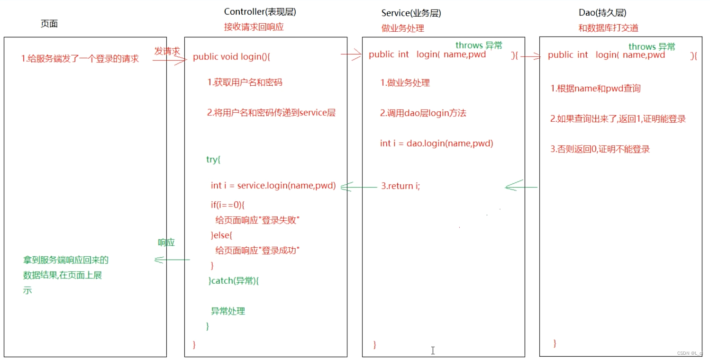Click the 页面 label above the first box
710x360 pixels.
pyautogui.click(x=49, y=24)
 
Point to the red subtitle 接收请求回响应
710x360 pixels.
pyautogui.click(x=254, y=27)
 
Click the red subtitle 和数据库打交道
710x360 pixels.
pyautogui.click(x=608, y=28)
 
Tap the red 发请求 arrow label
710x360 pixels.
pyautogui.click(x=167, y=51)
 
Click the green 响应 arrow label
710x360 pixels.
pyautogui.click(x=166, y=243)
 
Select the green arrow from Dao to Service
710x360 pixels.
pyautogui.click(x=521, y=187)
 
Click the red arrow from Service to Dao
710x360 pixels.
pyautogui.click(x=530, y=56)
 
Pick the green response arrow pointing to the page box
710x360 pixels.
pyautogui.click(x=172, y=260)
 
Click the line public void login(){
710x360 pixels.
pyautogui.click(x=231, y=57)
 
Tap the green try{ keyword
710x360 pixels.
pyautogui.click(x=213, y=159)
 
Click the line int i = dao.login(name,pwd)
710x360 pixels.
pyautogui.click(x=437, y=143)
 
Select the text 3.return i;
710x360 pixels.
pyautogui.click(x=401, y=186)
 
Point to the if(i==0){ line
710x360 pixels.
pyautogui.click(x=227, y=205)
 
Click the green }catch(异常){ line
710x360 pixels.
pyautogui.click(x=234, y=281)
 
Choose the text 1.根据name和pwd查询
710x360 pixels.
pyautogui.click(x=595, y=89)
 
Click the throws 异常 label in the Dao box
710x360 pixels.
pyautogui.click(x=652, y=46)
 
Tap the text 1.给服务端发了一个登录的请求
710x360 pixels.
pyautogui.click(x=80, y=59)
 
